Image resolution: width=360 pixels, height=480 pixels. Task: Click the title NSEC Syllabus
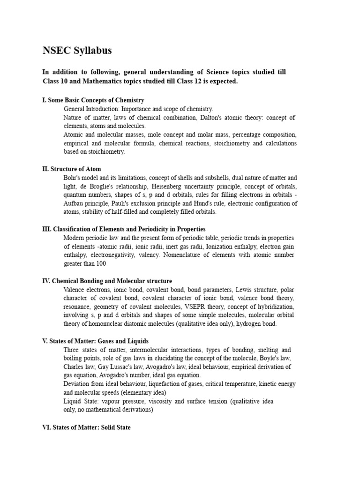click(77, 51)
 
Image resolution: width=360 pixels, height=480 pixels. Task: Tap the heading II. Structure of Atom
click(71, 169)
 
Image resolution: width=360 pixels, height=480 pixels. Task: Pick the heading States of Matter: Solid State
click(86, 427)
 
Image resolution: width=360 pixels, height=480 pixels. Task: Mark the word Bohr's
click(73, 178)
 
